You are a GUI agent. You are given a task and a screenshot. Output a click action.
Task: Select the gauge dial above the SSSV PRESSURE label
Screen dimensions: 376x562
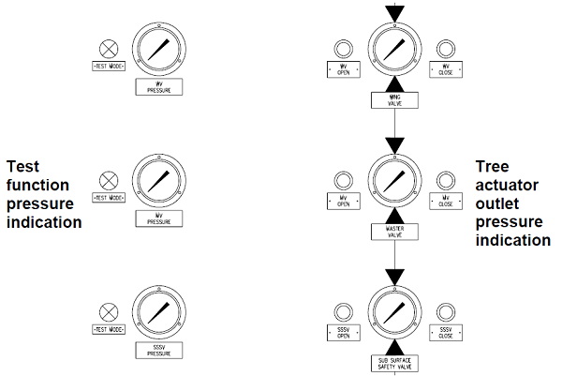[157, 313]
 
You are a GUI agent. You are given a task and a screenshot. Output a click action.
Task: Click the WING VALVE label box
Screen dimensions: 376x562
[394, 98]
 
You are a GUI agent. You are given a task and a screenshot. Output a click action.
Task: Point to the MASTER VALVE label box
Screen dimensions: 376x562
[394, 230]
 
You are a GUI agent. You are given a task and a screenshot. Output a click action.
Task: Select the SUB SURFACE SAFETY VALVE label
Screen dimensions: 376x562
[394, 364]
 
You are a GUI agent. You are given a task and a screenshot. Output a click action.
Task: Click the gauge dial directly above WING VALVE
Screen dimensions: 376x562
[394, 48]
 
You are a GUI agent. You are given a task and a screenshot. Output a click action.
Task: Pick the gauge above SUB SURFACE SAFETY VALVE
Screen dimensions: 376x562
[394, 313]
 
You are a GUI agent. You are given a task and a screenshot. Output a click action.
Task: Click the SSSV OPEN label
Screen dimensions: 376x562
[343, 335]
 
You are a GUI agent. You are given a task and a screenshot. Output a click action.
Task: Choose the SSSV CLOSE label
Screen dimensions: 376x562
[446, 335]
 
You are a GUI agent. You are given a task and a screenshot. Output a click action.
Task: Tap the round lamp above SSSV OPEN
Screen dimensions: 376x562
[343, 312]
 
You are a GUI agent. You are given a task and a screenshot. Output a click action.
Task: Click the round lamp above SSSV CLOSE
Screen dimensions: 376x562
[446, 312]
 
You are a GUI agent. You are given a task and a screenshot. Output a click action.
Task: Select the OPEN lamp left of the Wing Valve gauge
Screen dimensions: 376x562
[343, 48]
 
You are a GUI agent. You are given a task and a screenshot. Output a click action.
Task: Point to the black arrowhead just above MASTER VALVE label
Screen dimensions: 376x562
[394, 214]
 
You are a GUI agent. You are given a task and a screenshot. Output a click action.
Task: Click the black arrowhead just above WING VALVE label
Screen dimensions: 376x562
[394, 83]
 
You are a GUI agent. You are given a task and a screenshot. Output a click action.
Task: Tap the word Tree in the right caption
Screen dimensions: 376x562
[493, 166]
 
